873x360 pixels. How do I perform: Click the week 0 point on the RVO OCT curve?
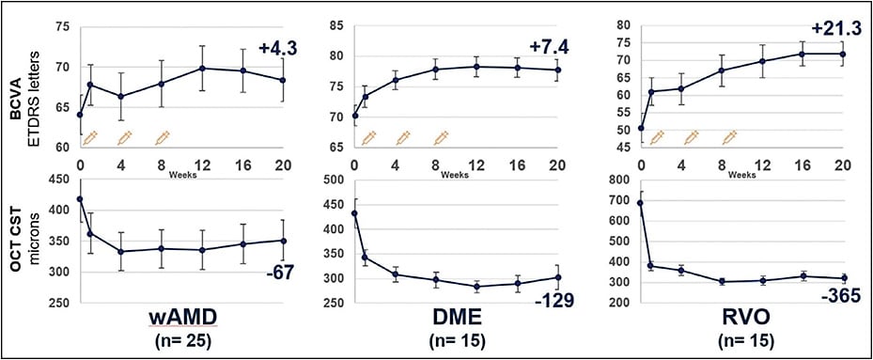pyautogui.click(x=641, y=203)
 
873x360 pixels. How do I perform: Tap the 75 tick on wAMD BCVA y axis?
pyautogui.click(x=62, y=26)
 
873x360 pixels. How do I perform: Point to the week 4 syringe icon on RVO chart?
pyautogui.click(x=692, y=138)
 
